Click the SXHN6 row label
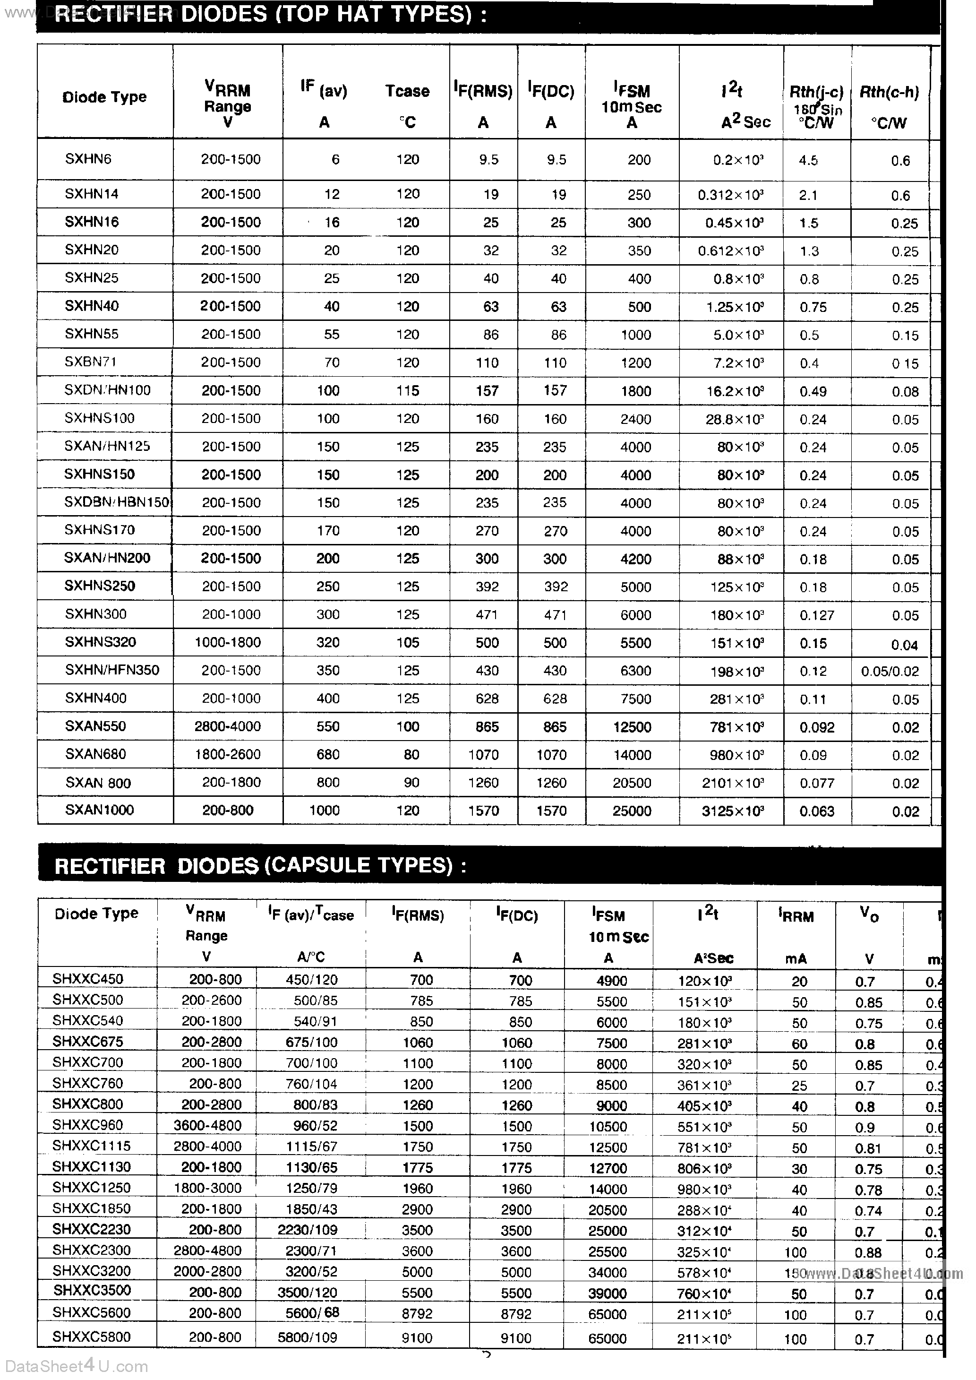point(88,159)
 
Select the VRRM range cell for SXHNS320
point(227,643)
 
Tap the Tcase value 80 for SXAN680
point(411,754)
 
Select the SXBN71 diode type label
point(90,362)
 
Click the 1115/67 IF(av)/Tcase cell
point(311,1146)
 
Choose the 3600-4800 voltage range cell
point(207,1126)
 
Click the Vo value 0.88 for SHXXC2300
point(868,1251)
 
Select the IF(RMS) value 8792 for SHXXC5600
point(417,1314)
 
